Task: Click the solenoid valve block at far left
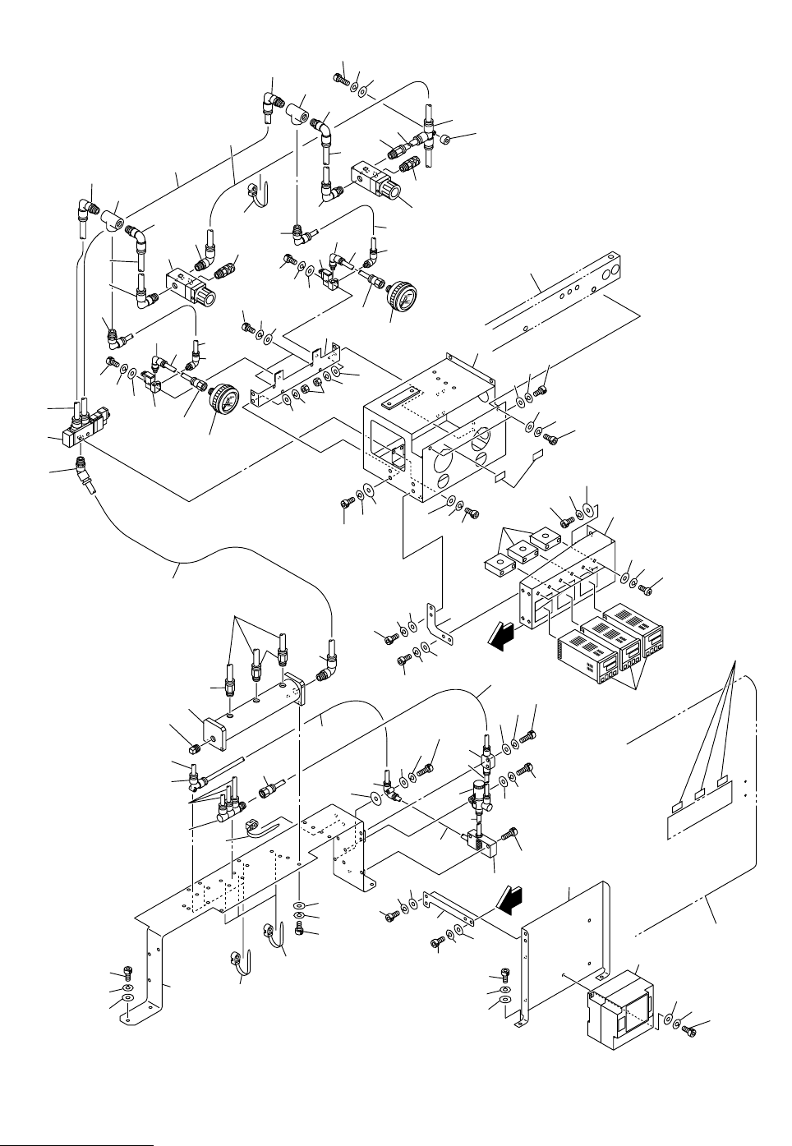coord(81,427)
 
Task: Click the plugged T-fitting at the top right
coord(431,133)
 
